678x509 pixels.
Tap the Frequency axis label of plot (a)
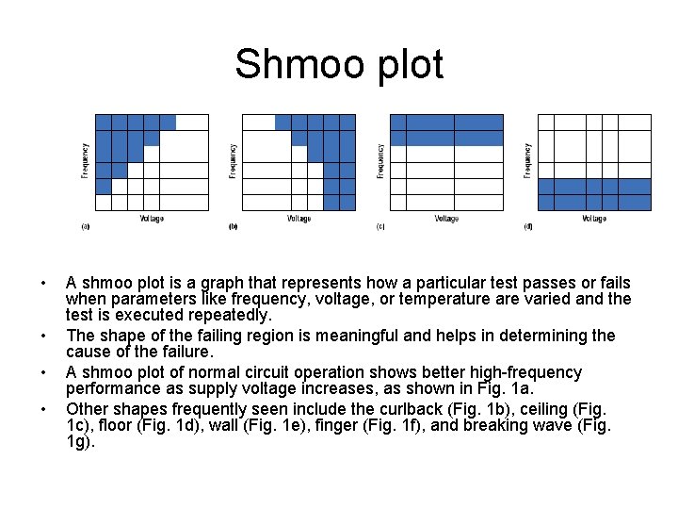tap(85, 161)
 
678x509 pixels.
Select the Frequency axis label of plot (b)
tap(233, 161)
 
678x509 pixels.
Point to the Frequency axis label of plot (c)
tap(380, 161)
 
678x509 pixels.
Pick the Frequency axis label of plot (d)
tap(528, 161)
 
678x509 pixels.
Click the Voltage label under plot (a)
tap(152, 219)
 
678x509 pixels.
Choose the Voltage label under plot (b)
tap(299, 219)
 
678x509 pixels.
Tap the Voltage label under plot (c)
tap(446, 219)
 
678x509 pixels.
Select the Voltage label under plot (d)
tap(594, 219)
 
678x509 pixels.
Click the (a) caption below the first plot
tap(86, 227)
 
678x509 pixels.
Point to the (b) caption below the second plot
tap(234, 227)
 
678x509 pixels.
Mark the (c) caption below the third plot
tap(380, 227)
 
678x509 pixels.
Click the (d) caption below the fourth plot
tap(528, 227)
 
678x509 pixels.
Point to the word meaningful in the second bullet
tap(353, 336)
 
